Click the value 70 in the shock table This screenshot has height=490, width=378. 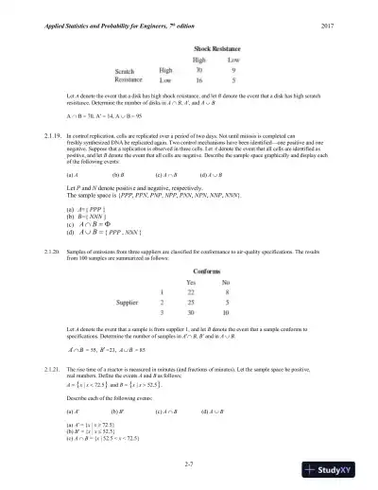coord(199,69)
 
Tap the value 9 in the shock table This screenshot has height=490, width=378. coord(233,69)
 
